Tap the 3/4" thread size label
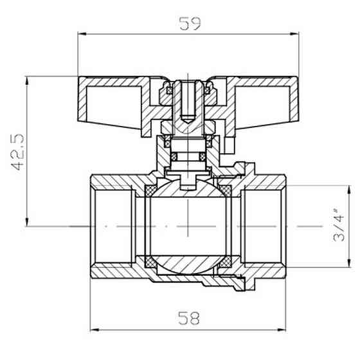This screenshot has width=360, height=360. point(341,225)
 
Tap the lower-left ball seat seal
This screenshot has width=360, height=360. point(149,262)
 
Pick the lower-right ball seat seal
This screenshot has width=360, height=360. point(226,262)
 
